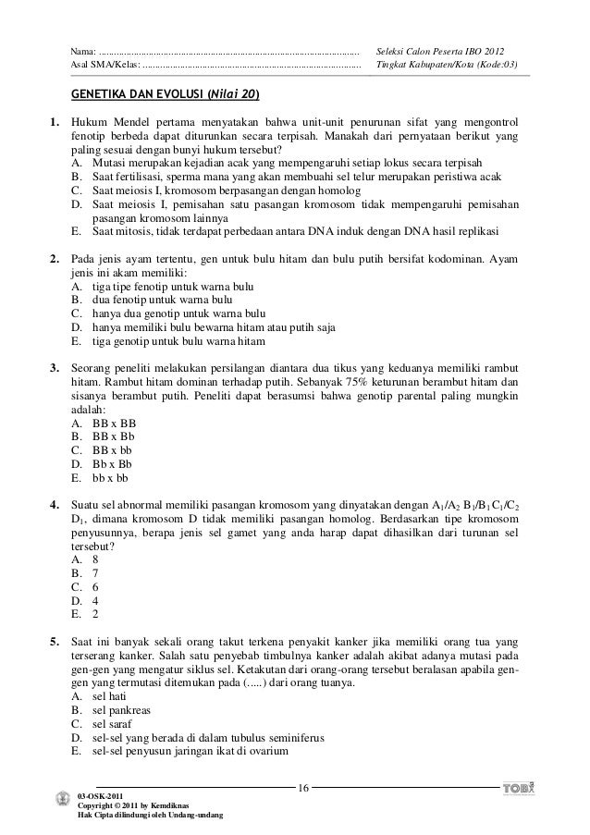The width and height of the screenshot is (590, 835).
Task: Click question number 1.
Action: [55, 122]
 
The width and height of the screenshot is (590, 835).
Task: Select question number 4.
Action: [55, 505]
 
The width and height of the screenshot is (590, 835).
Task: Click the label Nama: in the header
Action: [84, 49]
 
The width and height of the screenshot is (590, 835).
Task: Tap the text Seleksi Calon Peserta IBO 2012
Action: [440, 49]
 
